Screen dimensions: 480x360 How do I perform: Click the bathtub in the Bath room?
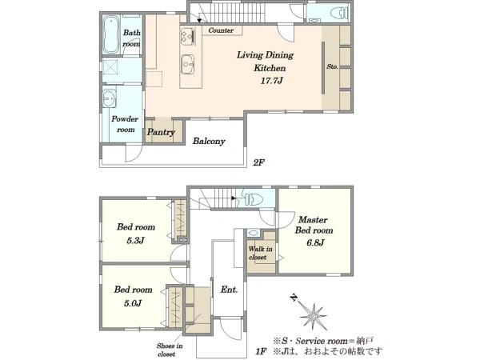pos(111,35)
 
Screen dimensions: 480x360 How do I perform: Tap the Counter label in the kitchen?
pos(221,30)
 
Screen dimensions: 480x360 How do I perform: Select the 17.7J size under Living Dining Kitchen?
pos(271,81)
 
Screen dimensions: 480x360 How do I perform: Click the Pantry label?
pos(161,132)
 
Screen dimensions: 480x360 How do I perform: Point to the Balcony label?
pos(209,141)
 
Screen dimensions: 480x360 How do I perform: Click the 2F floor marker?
pos(258,162)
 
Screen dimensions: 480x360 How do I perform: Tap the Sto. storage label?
pos(332,66)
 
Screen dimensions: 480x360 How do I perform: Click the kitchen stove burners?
pos(187,36)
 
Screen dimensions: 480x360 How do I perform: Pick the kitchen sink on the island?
pos(187,64)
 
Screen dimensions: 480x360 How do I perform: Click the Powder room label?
pos(125,124)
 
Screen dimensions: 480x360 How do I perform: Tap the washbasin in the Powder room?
pos(109,98)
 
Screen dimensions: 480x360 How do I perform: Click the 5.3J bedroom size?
pos(135,241)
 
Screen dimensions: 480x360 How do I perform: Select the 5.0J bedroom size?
pos(133,303)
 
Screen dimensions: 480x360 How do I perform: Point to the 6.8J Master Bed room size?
pos(315,243)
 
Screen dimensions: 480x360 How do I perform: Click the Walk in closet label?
pos(260,253)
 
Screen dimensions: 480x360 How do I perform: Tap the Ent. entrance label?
pos(229,290)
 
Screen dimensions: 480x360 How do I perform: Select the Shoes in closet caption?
pos(170,350)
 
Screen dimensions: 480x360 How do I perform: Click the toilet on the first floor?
pos(252,199)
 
